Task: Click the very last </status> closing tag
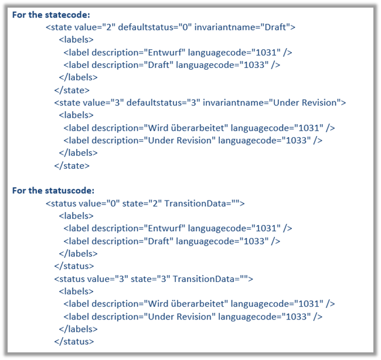(x=74, y=342)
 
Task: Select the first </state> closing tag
(x=72, y=90)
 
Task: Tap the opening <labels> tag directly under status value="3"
(x=76, y=291)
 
